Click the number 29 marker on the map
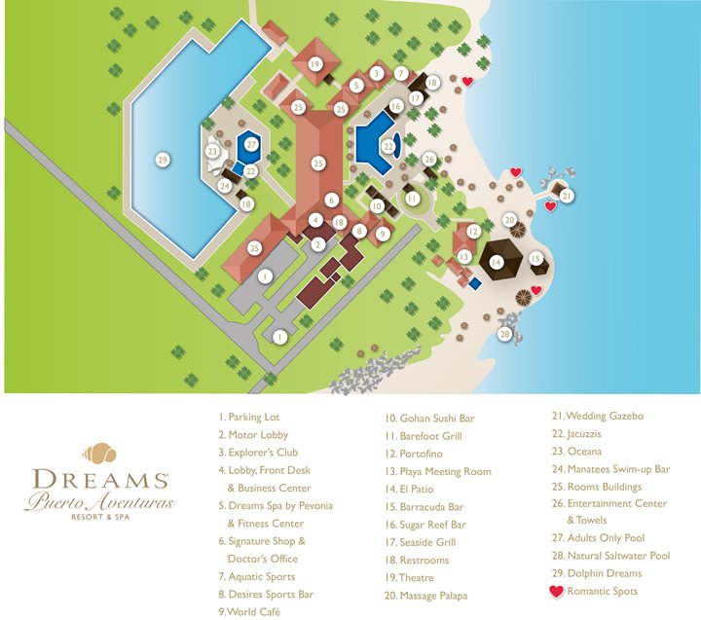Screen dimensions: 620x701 click(163, 158)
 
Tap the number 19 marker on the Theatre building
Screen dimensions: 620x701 click(314, 64)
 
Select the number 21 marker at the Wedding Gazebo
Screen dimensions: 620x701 click(566, 195)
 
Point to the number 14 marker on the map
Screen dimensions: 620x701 click(496, 262)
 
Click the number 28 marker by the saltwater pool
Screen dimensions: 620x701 click(504, 334)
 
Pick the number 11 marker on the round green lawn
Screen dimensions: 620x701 click(413, 199)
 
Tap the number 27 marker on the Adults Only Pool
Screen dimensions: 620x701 click(251, 145)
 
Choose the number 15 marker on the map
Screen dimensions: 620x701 click(536, 258)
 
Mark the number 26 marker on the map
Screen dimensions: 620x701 click(429, 159)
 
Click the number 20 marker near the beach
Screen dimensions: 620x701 click(508, 220)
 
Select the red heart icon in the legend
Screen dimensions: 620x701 click(557, 591)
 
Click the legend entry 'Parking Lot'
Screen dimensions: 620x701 click(249, 418)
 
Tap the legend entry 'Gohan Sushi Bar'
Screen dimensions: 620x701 click(430, 419)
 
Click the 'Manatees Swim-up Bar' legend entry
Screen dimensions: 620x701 click(611, 469)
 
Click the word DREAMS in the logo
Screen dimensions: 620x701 click(97, 480)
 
